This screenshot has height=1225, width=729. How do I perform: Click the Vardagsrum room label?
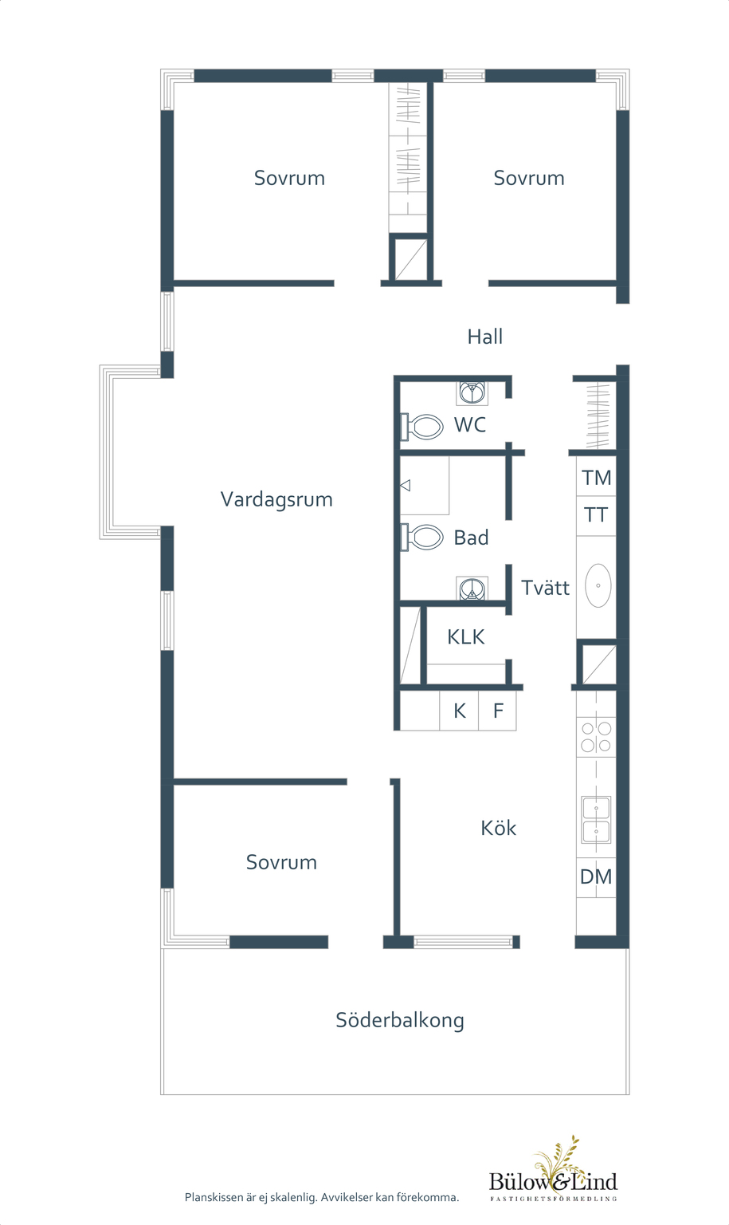[x=276, y=500]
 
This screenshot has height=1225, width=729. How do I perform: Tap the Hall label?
[x=484, y=337]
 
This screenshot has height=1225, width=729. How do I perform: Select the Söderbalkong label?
[x=400, y=1020]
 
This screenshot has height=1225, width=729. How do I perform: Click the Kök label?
[x=499, y=827]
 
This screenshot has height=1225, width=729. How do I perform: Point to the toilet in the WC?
[x=422, y=427]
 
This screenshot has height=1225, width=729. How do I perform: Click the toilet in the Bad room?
[x=422, y=537]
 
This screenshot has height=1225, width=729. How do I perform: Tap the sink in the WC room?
[x=472, y=392]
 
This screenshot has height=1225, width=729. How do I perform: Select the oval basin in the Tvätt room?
[x=598, y=585]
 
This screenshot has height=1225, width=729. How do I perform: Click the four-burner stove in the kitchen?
[x=596, y=737]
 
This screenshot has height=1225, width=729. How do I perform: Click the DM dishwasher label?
[x=596, y=876]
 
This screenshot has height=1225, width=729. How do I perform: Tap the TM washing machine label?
[x=596, y=478]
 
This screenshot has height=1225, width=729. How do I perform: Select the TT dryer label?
[x=596, y=514]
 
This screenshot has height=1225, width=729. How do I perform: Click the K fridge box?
[x=459, y=711]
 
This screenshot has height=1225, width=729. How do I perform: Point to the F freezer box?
[x=497, y=711]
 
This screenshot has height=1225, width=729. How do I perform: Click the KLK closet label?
[x=465, y=636]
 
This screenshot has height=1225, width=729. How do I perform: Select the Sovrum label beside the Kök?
[x=281, y=862]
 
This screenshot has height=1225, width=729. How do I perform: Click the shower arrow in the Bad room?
[x=406, y=485]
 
